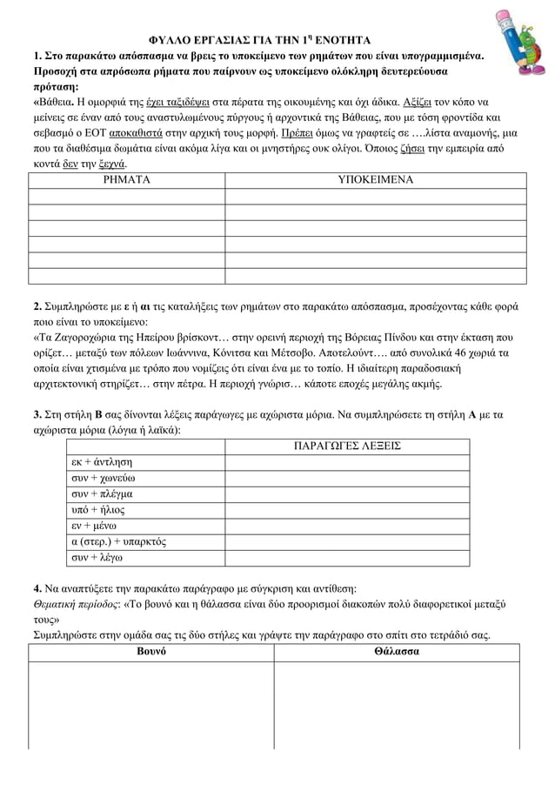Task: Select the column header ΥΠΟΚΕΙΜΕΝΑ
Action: click(375, 180)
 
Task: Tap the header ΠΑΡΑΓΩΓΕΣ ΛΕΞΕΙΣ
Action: click(347, 446)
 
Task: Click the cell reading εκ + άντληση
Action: click(103, 462)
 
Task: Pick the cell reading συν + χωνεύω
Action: click(103, 478)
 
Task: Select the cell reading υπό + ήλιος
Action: click(97, 509)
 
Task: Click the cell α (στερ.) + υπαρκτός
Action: click(118, 541)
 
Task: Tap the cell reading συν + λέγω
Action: click(97, 557)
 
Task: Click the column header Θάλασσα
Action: click(396, 652)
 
